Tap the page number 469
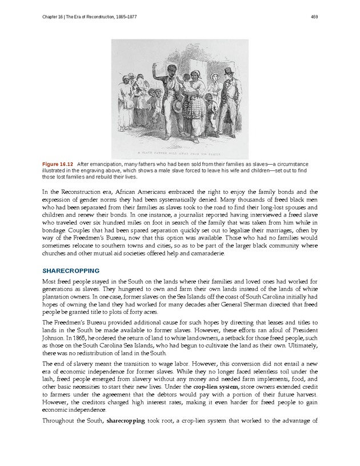click(315, 15)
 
